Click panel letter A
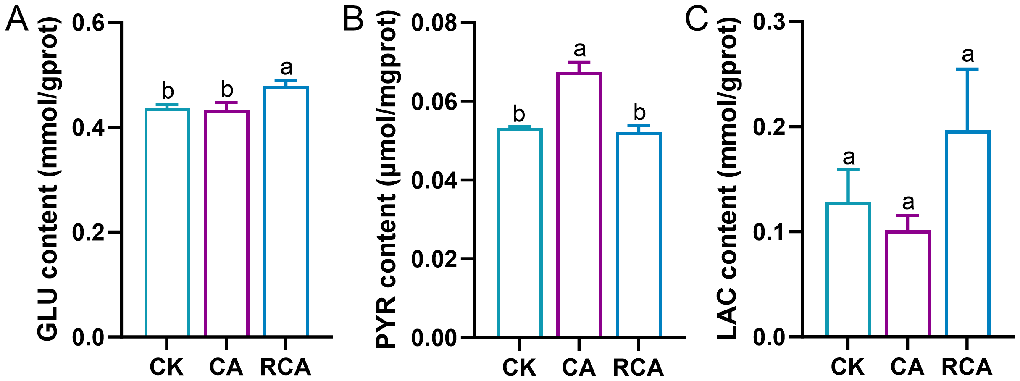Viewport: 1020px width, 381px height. (17, 20)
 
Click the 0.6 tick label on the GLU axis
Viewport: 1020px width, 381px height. (88, 23)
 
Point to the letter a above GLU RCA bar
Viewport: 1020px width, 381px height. (286, 67)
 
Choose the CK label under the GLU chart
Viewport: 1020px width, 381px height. (167, 367)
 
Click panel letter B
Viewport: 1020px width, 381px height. (353, 20)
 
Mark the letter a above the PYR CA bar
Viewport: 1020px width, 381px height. (579, 49)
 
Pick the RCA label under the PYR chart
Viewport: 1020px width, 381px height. (638, 367)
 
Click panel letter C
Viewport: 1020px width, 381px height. (696, 20)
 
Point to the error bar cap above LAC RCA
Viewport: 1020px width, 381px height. (967, 69)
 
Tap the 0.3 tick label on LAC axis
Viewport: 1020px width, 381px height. (769, 23)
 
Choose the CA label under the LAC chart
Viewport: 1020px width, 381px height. (907, 367)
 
